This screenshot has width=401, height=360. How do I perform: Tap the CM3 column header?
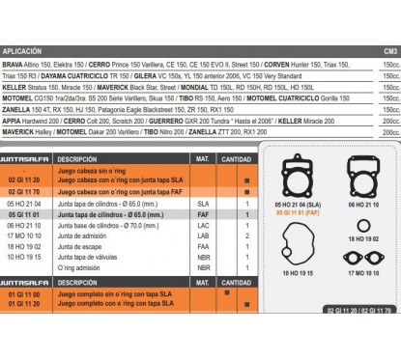[389, 50]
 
